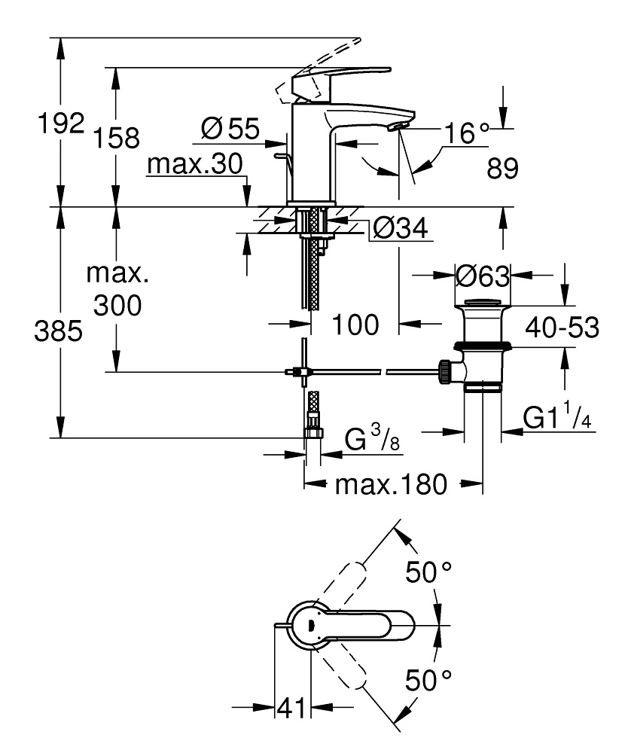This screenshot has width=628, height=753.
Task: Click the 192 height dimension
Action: (61, 123)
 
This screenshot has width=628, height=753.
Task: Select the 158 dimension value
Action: (116, 138)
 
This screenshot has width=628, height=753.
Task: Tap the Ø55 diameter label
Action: (229, 130)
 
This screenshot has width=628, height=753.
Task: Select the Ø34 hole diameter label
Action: (401, 227)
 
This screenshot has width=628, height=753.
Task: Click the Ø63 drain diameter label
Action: (483, 276)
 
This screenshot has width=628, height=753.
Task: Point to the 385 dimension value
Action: (58, 332)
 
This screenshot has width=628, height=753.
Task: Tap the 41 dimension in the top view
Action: (291, 708)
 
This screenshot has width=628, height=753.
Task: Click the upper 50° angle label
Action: (431, 572)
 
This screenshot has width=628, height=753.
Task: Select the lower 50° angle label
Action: (431, 681)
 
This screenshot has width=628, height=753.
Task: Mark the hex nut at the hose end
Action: (312, 434)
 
